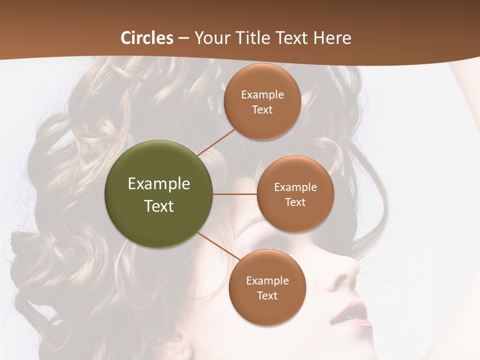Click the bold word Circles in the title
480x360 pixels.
(x=147, y=38)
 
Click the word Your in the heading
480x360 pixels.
(x=212, y=38)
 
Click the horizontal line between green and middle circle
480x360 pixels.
(x=235, y=194)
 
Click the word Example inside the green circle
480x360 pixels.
(x=159, y=184)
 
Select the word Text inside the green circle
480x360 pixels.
(x=159, y=206)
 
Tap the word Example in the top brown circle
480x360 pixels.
(x=262, y=95)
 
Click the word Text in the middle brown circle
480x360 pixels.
(x=295, y=202)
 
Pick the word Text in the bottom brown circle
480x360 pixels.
(x=267, y=296)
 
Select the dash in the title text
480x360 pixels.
(x=183, y=38)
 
